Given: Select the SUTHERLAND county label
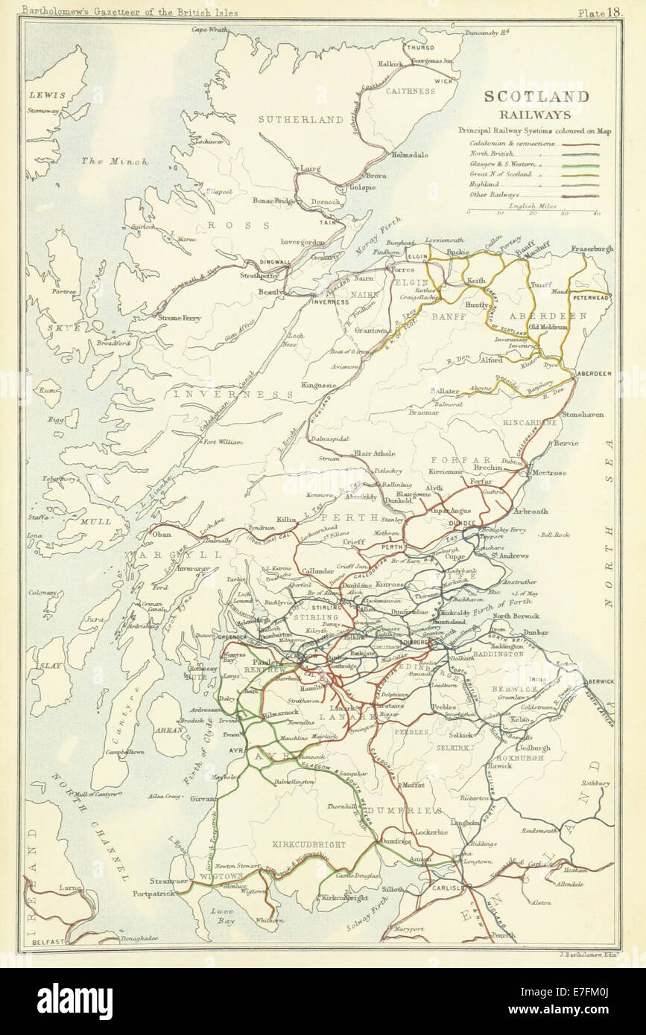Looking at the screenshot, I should point(300,118).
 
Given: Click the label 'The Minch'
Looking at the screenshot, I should point(125,161).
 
